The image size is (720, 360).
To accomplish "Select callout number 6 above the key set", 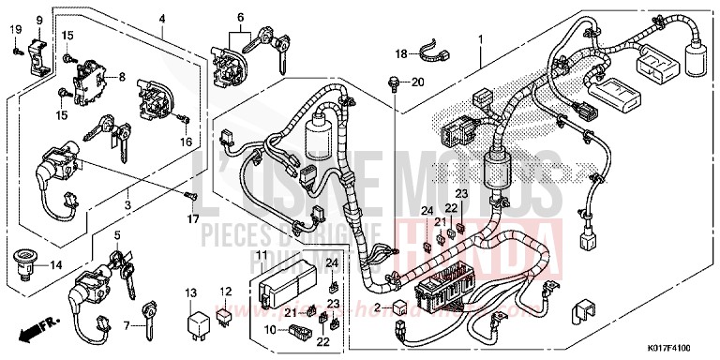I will click(240, 18).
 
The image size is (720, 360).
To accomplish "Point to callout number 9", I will click(39, 20).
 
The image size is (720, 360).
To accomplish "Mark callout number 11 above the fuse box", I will click(262, 255).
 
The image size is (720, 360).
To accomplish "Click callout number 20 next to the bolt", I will click(418, 82).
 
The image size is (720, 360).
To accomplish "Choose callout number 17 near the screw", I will click(192, 221).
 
